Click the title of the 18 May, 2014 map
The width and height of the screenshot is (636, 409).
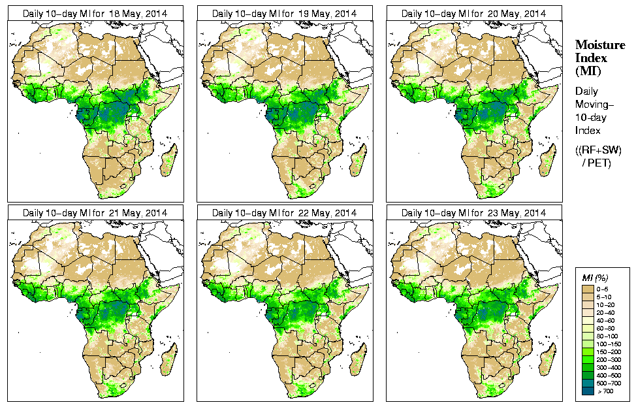coord(95,13)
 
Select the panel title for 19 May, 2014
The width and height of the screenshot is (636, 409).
coord(284,13)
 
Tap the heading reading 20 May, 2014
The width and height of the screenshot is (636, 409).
coord(473,13)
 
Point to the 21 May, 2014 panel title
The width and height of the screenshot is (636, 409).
coord(95,213)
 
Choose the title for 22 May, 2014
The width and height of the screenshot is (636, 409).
coord(284,213)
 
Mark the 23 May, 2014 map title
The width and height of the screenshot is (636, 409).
coord(473,213)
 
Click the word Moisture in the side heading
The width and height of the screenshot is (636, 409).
coord(599,44)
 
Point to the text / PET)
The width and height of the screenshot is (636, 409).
coord(596,163)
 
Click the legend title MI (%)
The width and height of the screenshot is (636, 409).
coord(592,279)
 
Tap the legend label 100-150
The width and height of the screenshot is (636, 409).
coord(609,343)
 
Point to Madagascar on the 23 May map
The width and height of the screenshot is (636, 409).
coord(547,359)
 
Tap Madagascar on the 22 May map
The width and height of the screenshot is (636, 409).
coord(357,359)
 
